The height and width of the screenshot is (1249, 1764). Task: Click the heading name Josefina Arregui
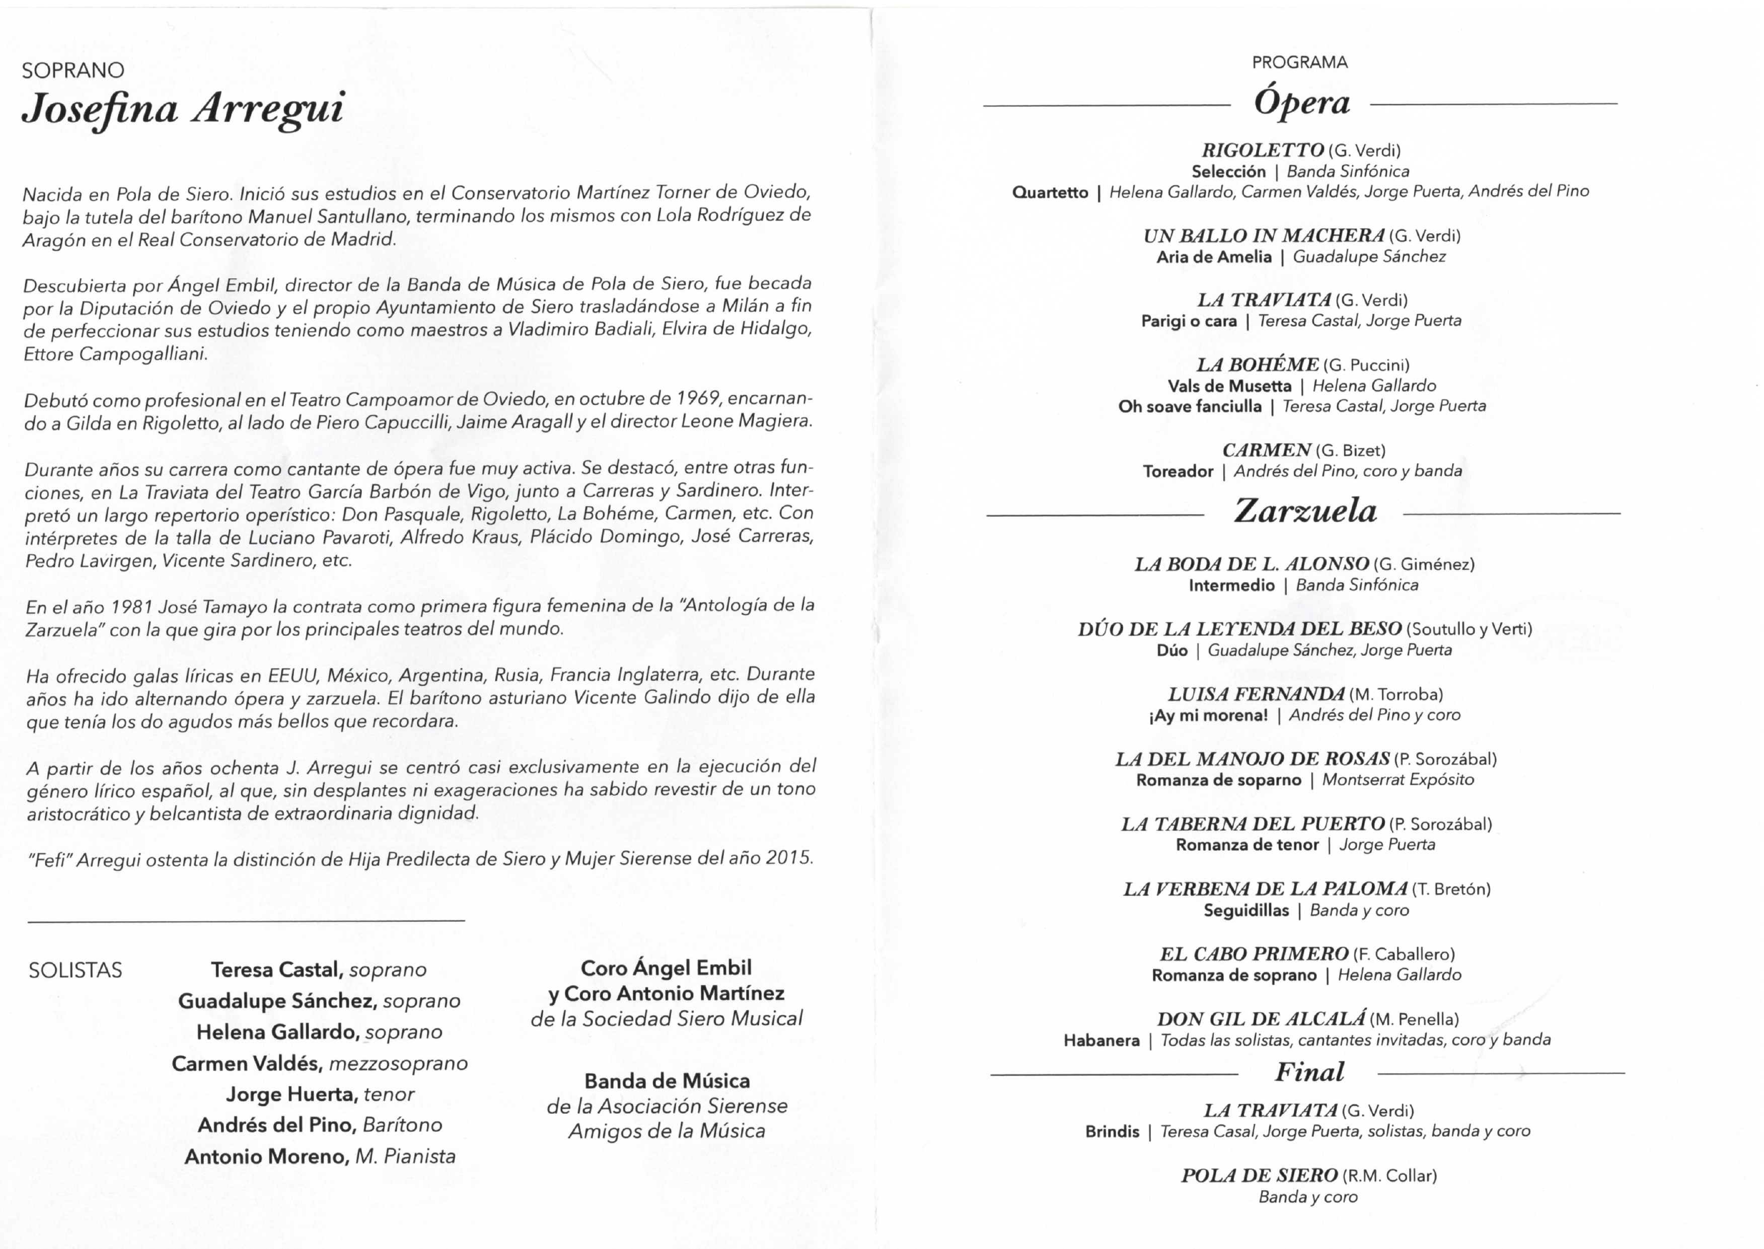(x=183, y=108)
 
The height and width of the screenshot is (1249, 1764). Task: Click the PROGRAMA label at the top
(x=1299, y=62)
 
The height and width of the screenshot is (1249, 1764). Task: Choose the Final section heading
(x=1309, y=1071)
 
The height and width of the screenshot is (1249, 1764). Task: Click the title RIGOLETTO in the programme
(x=1263, y=150)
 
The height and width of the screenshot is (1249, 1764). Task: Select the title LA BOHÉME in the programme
(x=1257, y=364)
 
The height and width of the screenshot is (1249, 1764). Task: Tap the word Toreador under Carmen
(x=1178, y=471)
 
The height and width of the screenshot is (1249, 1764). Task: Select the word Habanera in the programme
(x=1101, y=1041)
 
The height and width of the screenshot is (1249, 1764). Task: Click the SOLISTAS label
(x=76, y=970)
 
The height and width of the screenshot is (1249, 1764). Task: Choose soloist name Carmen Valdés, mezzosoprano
(x=319, y=1063)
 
